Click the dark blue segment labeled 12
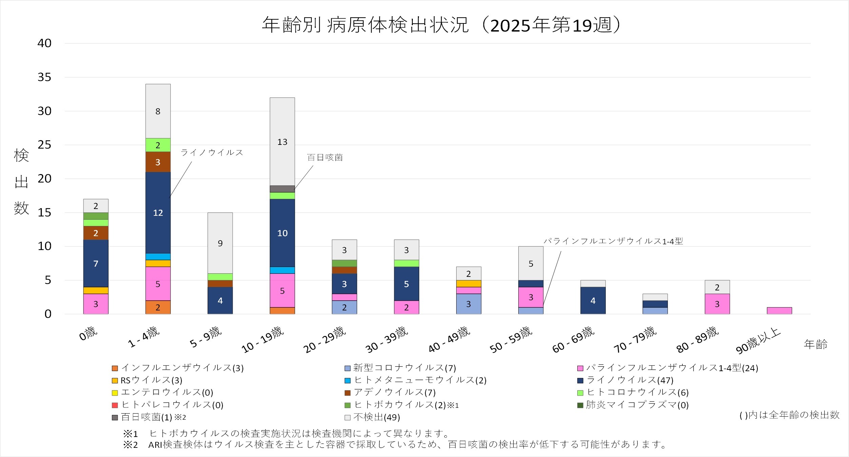(158, 213)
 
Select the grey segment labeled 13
(282, 141)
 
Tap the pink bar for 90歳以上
(779, 310)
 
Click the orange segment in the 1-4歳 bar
(158, 307)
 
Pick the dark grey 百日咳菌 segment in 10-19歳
(282, 189)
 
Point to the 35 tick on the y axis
(44, 77)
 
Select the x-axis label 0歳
(88, 334)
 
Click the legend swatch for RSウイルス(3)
(115, 381)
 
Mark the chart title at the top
(441, 25)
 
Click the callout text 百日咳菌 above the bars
(325, 157)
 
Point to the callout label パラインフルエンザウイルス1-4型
(613, 241)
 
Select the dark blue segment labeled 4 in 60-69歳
(593, 301)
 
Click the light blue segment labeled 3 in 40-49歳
(468, 304)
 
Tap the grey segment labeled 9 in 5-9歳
(220, 243)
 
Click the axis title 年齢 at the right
(815, 344)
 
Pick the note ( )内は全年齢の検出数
(789, 415)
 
